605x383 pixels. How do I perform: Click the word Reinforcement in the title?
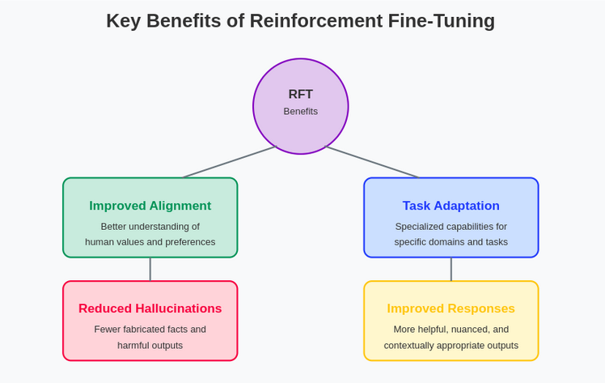click(316, 21)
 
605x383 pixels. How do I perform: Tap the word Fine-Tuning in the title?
click(442, 22)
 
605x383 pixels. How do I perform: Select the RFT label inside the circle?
click(301, 94)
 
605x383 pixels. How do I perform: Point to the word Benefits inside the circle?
click(301, 112)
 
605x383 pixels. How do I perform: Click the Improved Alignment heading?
click(150, 206)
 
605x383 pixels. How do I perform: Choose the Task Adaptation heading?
click(451, 206)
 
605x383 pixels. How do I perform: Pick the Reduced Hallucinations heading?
click(150, 309)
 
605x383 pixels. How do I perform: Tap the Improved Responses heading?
click(451, 309)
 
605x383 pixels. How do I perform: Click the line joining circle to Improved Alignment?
click(230, 162)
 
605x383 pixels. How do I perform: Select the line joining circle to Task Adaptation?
click(372, 162)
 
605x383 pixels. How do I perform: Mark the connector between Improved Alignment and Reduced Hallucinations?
click(150, 269)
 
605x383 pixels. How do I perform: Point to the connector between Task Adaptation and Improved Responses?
click(451, 269)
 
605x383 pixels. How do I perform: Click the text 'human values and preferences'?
click(150, 242)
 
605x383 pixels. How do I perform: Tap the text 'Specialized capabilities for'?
click(451, 227)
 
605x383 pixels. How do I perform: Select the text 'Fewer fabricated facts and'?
click(150, 330)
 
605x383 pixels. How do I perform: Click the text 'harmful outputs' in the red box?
click(150, 345)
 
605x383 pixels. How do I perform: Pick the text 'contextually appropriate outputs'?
click(451, 345)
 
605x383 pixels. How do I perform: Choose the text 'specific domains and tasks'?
click(451, 242)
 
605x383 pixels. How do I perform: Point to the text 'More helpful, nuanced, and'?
click(451, 330)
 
